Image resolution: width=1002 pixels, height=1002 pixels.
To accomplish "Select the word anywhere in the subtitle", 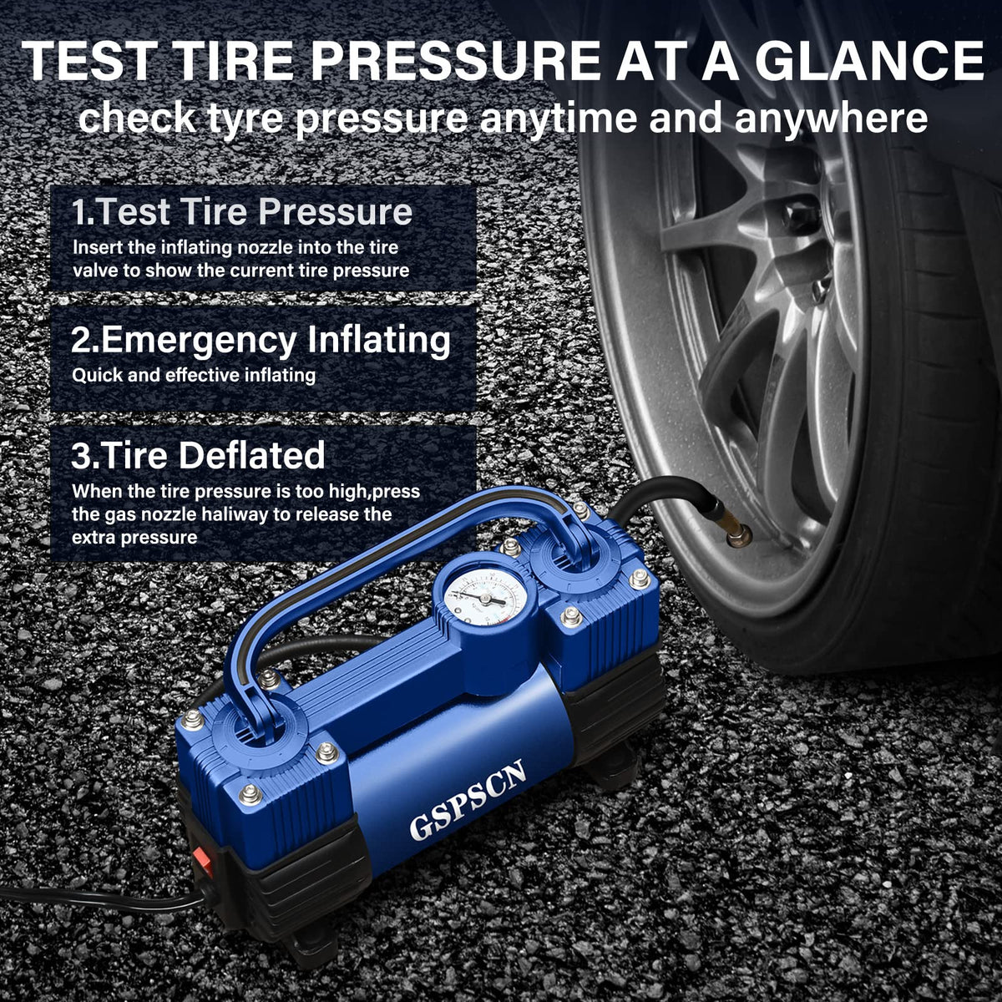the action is pos(831,119).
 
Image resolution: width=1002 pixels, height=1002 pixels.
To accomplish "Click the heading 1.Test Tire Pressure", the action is pos(242,211).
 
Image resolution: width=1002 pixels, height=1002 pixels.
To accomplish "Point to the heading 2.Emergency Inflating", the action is pos(261,340).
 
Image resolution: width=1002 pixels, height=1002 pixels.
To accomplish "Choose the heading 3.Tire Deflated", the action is pos(198,455).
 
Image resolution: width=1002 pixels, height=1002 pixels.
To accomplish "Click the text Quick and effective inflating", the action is pos(194,376).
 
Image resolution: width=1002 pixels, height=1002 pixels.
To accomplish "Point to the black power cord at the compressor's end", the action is pos(104,896).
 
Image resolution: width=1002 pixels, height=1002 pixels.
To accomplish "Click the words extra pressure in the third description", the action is pos(134,538).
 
